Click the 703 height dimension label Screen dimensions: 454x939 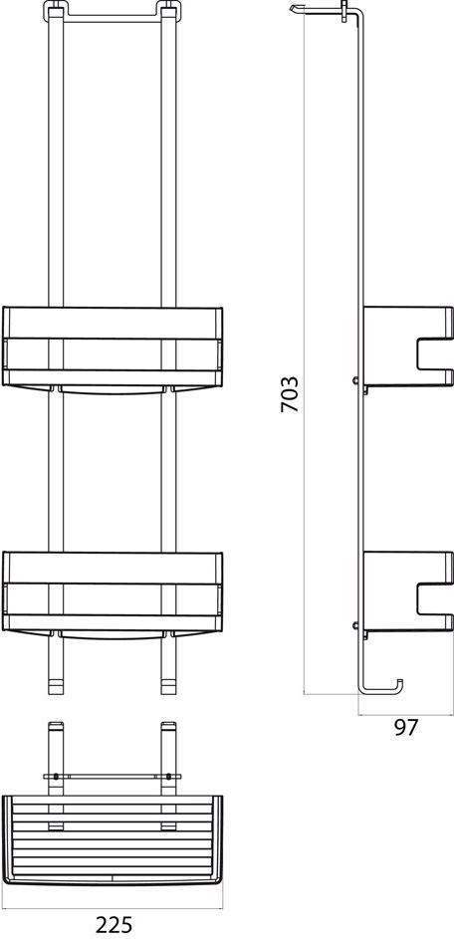coord(291,394)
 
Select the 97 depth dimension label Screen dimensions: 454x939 coord(405,728)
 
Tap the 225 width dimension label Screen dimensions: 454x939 coord(113,926)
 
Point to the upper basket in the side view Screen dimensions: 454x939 coord(407,347)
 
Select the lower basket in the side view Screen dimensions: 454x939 coord(407,591)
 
